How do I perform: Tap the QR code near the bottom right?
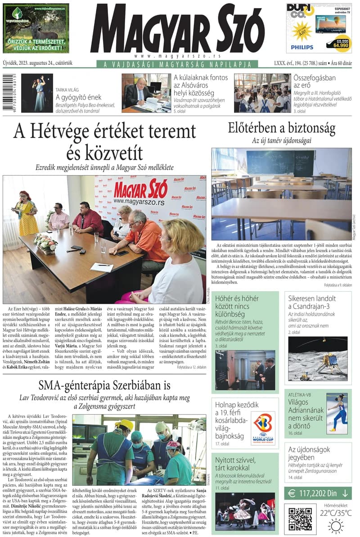point(300,519)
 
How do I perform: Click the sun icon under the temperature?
point(336,525)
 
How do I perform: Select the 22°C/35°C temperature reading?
point(336,513)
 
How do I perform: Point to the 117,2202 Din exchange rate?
point(318,493)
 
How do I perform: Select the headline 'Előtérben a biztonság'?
point(282,128)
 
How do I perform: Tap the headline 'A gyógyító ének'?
point(78,97)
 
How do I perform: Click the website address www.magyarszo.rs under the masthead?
point(177,56)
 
